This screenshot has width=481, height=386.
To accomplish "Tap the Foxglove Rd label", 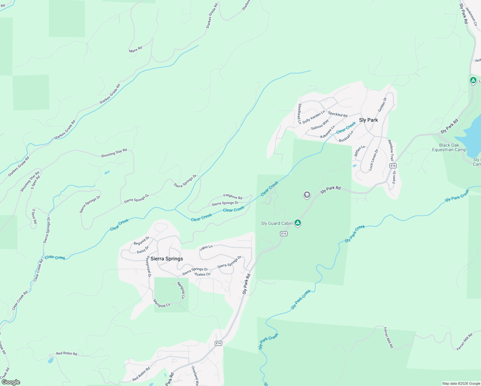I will click(x=233, y=197).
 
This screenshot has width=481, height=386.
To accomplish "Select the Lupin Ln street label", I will click(x=206, y=247).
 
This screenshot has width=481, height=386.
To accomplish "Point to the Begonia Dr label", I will click(x=141, y=241).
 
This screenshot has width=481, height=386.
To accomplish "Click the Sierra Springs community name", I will click(x=167, y=259).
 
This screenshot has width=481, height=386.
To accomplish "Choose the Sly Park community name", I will click(x=368, y=120).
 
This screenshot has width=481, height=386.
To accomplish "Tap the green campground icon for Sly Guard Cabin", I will click(x=298, y=223).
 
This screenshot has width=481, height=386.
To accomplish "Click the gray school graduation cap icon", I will click(x=307, y=195).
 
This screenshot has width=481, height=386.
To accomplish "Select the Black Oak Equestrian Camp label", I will click(x=449, y=147).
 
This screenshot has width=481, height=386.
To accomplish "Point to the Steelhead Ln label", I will click(x=300, y=114).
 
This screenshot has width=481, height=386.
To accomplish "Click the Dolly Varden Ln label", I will click(x=313, y=117).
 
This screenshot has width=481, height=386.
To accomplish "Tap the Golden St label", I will click(x=382, y=105).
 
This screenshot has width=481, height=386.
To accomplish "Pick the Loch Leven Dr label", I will click(x=373, y=160).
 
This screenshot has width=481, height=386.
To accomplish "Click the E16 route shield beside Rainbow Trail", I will click(x=393, y=166).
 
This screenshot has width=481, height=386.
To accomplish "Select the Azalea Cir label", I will click(x=203, y=274).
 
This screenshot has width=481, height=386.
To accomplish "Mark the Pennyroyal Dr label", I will click(x=149, y=266).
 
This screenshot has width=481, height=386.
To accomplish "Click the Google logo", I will click(x=11, y=382).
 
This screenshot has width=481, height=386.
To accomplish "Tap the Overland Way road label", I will click(x=195, y=376).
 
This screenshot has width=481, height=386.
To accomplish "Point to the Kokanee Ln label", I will click(x=328, y=132).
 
